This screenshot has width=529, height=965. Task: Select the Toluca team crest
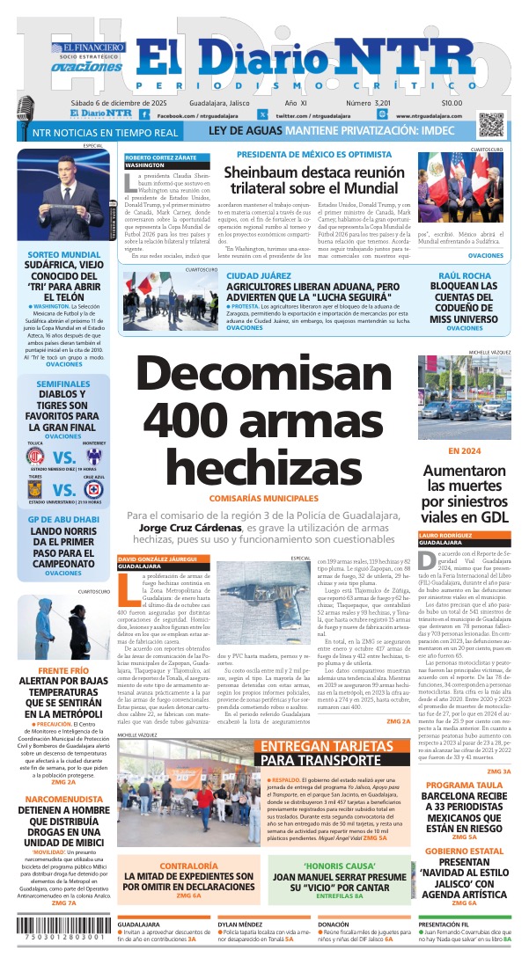pos(37,457)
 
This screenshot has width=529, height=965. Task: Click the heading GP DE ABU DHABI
pos(63,518)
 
